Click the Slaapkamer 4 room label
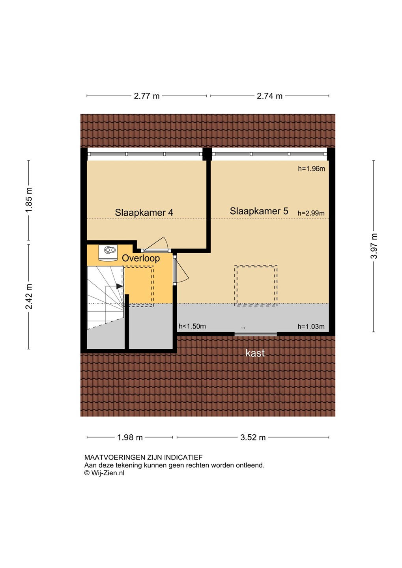[x=144, y=213]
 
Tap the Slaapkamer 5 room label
[x=259, y=211]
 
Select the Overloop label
[x=141, y=258]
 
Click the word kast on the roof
[x=255, y=353]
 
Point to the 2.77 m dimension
[x=147, y=96]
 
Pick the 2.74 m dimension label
[x=269, y=96]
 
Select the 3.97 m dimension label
[x=374, y=246]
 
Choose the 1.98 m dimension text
[x=130, y=437]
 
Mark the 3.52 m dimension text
[x=253, y=437]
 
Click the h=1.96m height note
[x=311, y=169]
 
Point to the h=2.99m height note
[x=311, y=213]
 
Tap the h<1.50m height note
[x=192, y=326]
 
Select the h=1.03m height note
[x=311, y=327]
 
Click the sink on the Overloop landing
[x=108, y=252]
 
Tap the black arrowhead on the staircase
[x=120, y=286]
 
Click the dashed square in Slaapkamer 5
[x=256, y=286]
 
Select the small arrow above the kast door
[x=243, y=328]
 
